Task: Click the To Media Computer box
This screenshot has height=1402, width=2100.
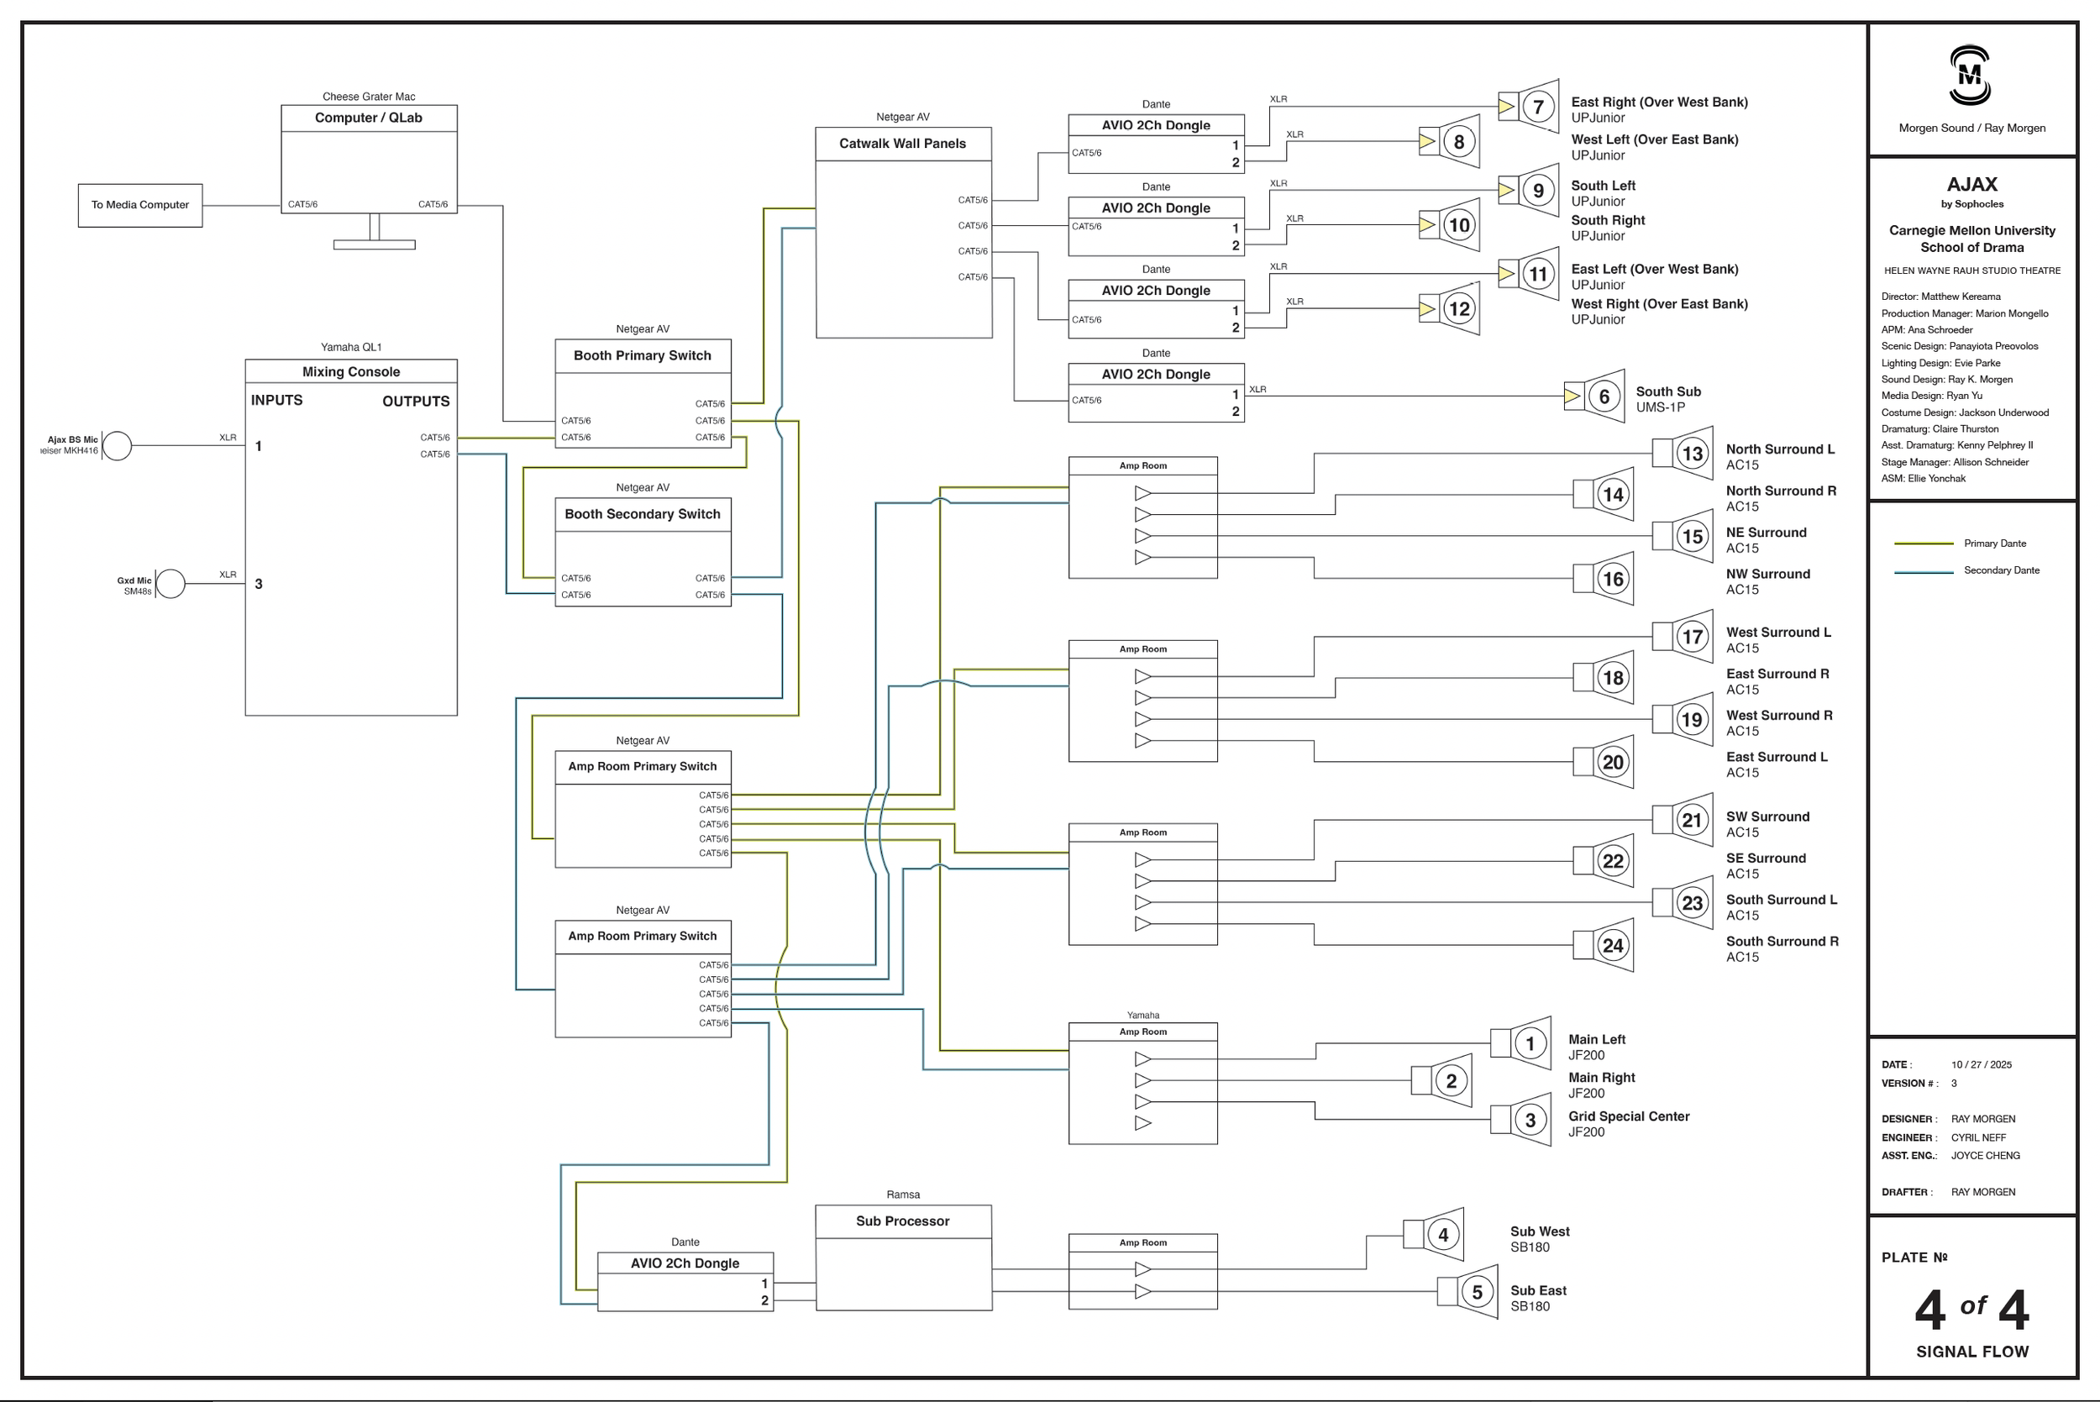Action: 140,205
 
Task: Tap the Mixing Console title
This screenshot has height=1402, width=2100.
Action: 351,372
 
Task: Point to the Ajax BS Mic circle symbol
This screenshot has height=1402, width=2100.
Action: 117,445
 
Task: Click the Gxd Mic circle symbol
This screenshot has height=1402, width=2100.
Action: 171,584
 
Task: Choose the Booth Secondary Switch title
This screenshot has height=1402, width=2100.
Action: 643,514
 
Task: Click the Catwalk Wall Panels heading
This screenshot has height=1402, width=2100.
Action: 903,144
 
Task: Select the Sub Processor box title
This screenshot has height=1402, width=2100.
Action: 903,1221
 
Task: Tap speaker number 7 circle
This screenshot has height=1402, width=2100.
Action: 1539,108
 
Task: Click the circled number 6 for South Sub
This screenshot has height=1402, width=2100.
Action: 1604,397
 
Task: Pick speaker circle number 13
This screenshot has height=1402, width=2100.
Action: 1693,454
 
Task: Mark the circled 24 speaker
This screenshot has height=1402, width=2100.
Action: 1613,946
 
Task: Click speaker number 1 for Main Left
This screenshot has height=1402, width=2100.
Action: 1530,1043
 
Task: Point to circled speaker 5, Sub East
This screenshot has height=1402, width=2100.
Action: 1477,1292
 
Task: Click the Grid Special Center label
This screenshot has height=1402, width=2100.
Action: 1629,1116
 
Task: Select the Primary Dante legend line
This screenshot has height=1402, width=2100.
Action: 1924,543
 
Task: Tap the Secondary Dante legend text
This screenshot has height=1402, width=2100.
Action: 2002,570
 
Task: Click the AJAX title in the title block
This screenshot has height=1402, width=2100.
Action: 1972,184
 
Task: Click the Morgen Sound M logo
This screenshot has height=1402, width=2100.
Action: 1971,76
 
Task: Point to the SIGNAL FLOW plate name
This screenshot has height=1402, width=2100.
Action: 1972,1352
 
